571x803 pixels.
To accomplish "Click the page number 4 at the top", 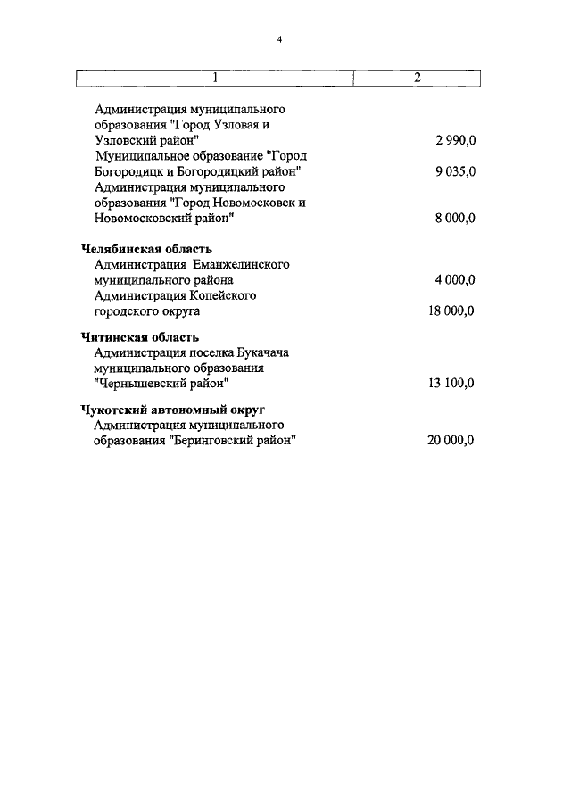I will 279,39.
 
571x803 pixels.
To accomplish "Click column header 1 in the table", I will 215,78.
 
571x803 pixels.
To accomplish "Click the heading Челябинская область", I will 146,249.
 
